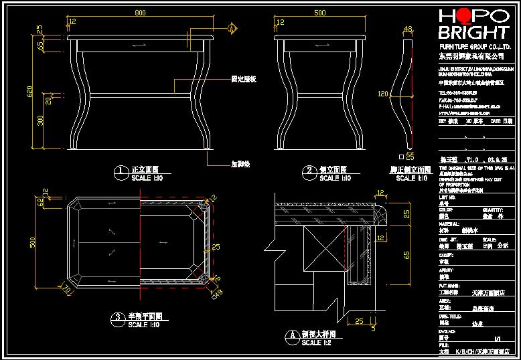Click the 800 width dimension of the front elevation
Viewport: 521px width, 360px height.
[140, 13]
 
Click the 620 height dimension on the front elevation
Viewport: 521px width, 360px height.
[29, 92]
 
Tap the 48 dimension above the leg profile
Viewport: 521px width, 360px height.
[407, 29]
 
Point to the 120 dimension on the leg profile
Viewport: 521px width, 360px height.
[383, 94]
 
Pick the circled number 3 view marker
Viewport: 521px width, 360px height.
[117, 318]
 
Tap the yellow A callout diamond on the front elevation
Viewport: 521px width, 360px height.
[232, 29]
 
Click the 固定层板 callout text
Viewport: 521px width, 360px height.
[244, 79]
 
